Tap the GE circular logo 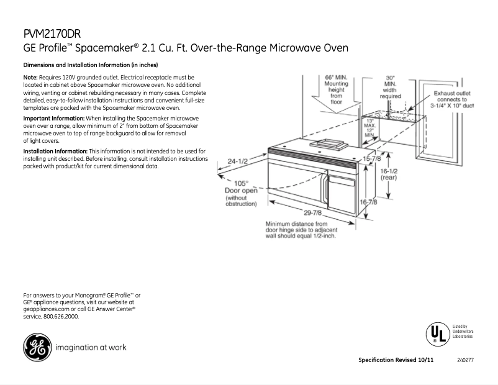pyautogui.click(x=37, y=347)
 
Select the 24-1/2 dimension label pyautogui.click(x=237, y=161)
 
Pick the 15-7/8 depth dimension pyautogui.click(x=372, y=159)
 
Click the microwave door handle pyautogui.click(x=324, y=186)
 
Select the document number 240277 pyautogui.click(x=465, y=361)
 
